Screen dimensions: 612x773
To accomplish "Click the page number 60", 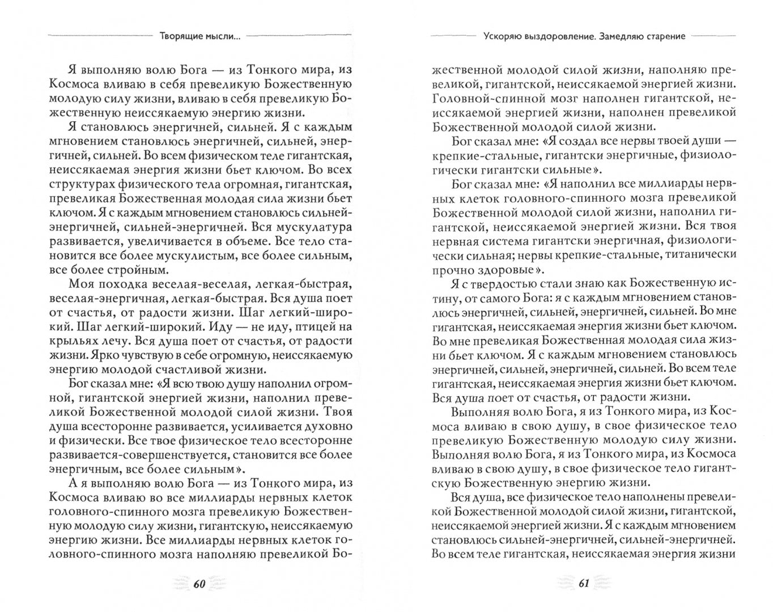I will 198,584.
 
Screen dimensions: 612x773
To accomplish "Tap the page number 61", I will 584,584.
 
